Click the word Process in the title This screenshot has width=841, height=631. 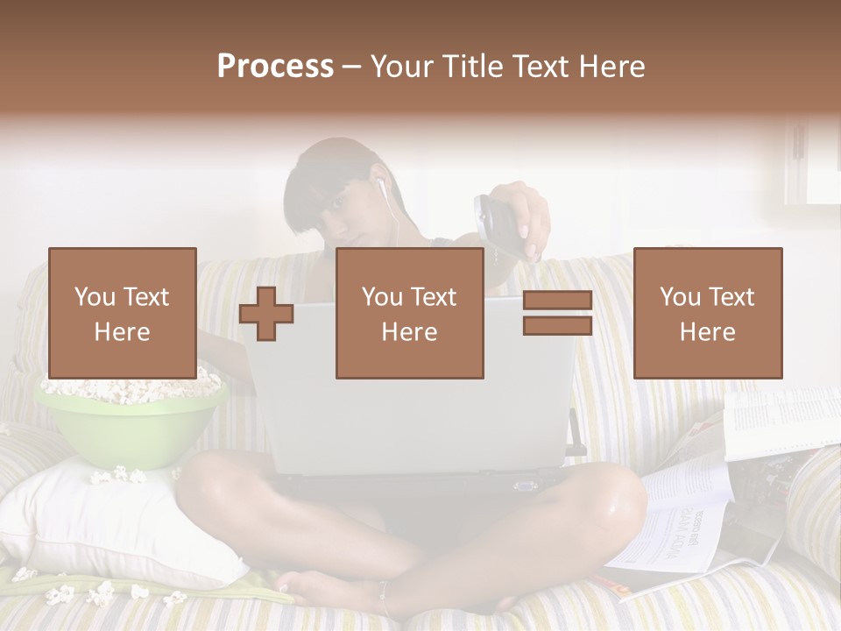click(x=275, y=67)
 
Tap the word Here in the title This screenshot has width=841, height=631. click(x=610, y=67)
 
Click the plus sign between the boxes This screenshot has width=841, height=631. click(x=266, y=314)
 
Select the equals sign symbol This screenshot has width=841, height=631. click(x=557, y=313)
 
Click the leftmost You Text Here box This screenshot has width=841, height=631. click(x=123, y=313)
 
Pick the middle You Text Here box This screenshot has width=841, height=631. click(x=410, y=313)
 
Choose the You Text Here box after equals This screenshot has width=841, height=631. click(x=707, y=313)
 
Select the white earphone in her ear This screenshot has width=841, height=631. click(x=381, y=187)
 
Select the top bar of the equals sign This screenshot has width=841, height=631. click(x=557, y=301)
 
